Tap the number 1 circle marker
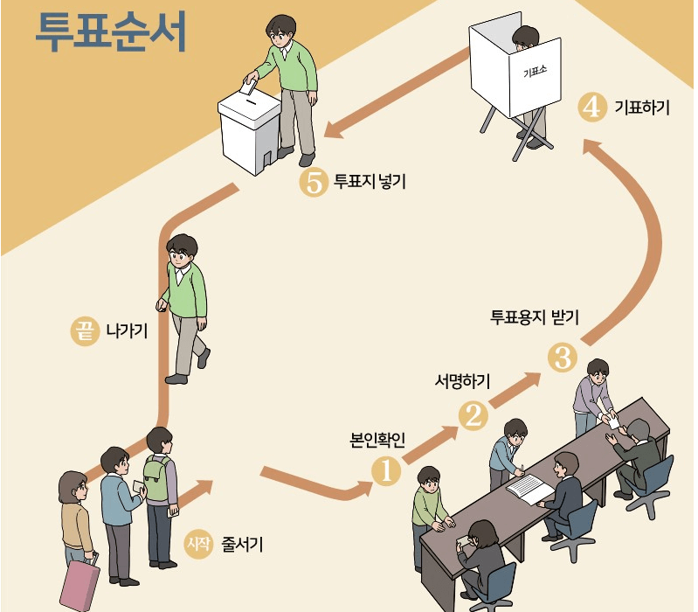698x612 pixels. click(386, 471)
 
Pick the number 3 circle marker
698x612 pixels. click(561, 358)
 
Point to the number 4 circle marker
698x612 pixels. click(592, 108)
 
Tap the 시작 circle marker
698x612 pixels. click(199, 544)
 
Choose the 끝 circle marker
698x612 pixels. click(84, 331)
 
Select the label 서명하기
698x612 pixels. click(463, 381)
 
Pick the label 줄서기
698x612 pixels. click(243, 544)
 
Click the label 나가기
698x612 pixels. click(126, 331)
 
